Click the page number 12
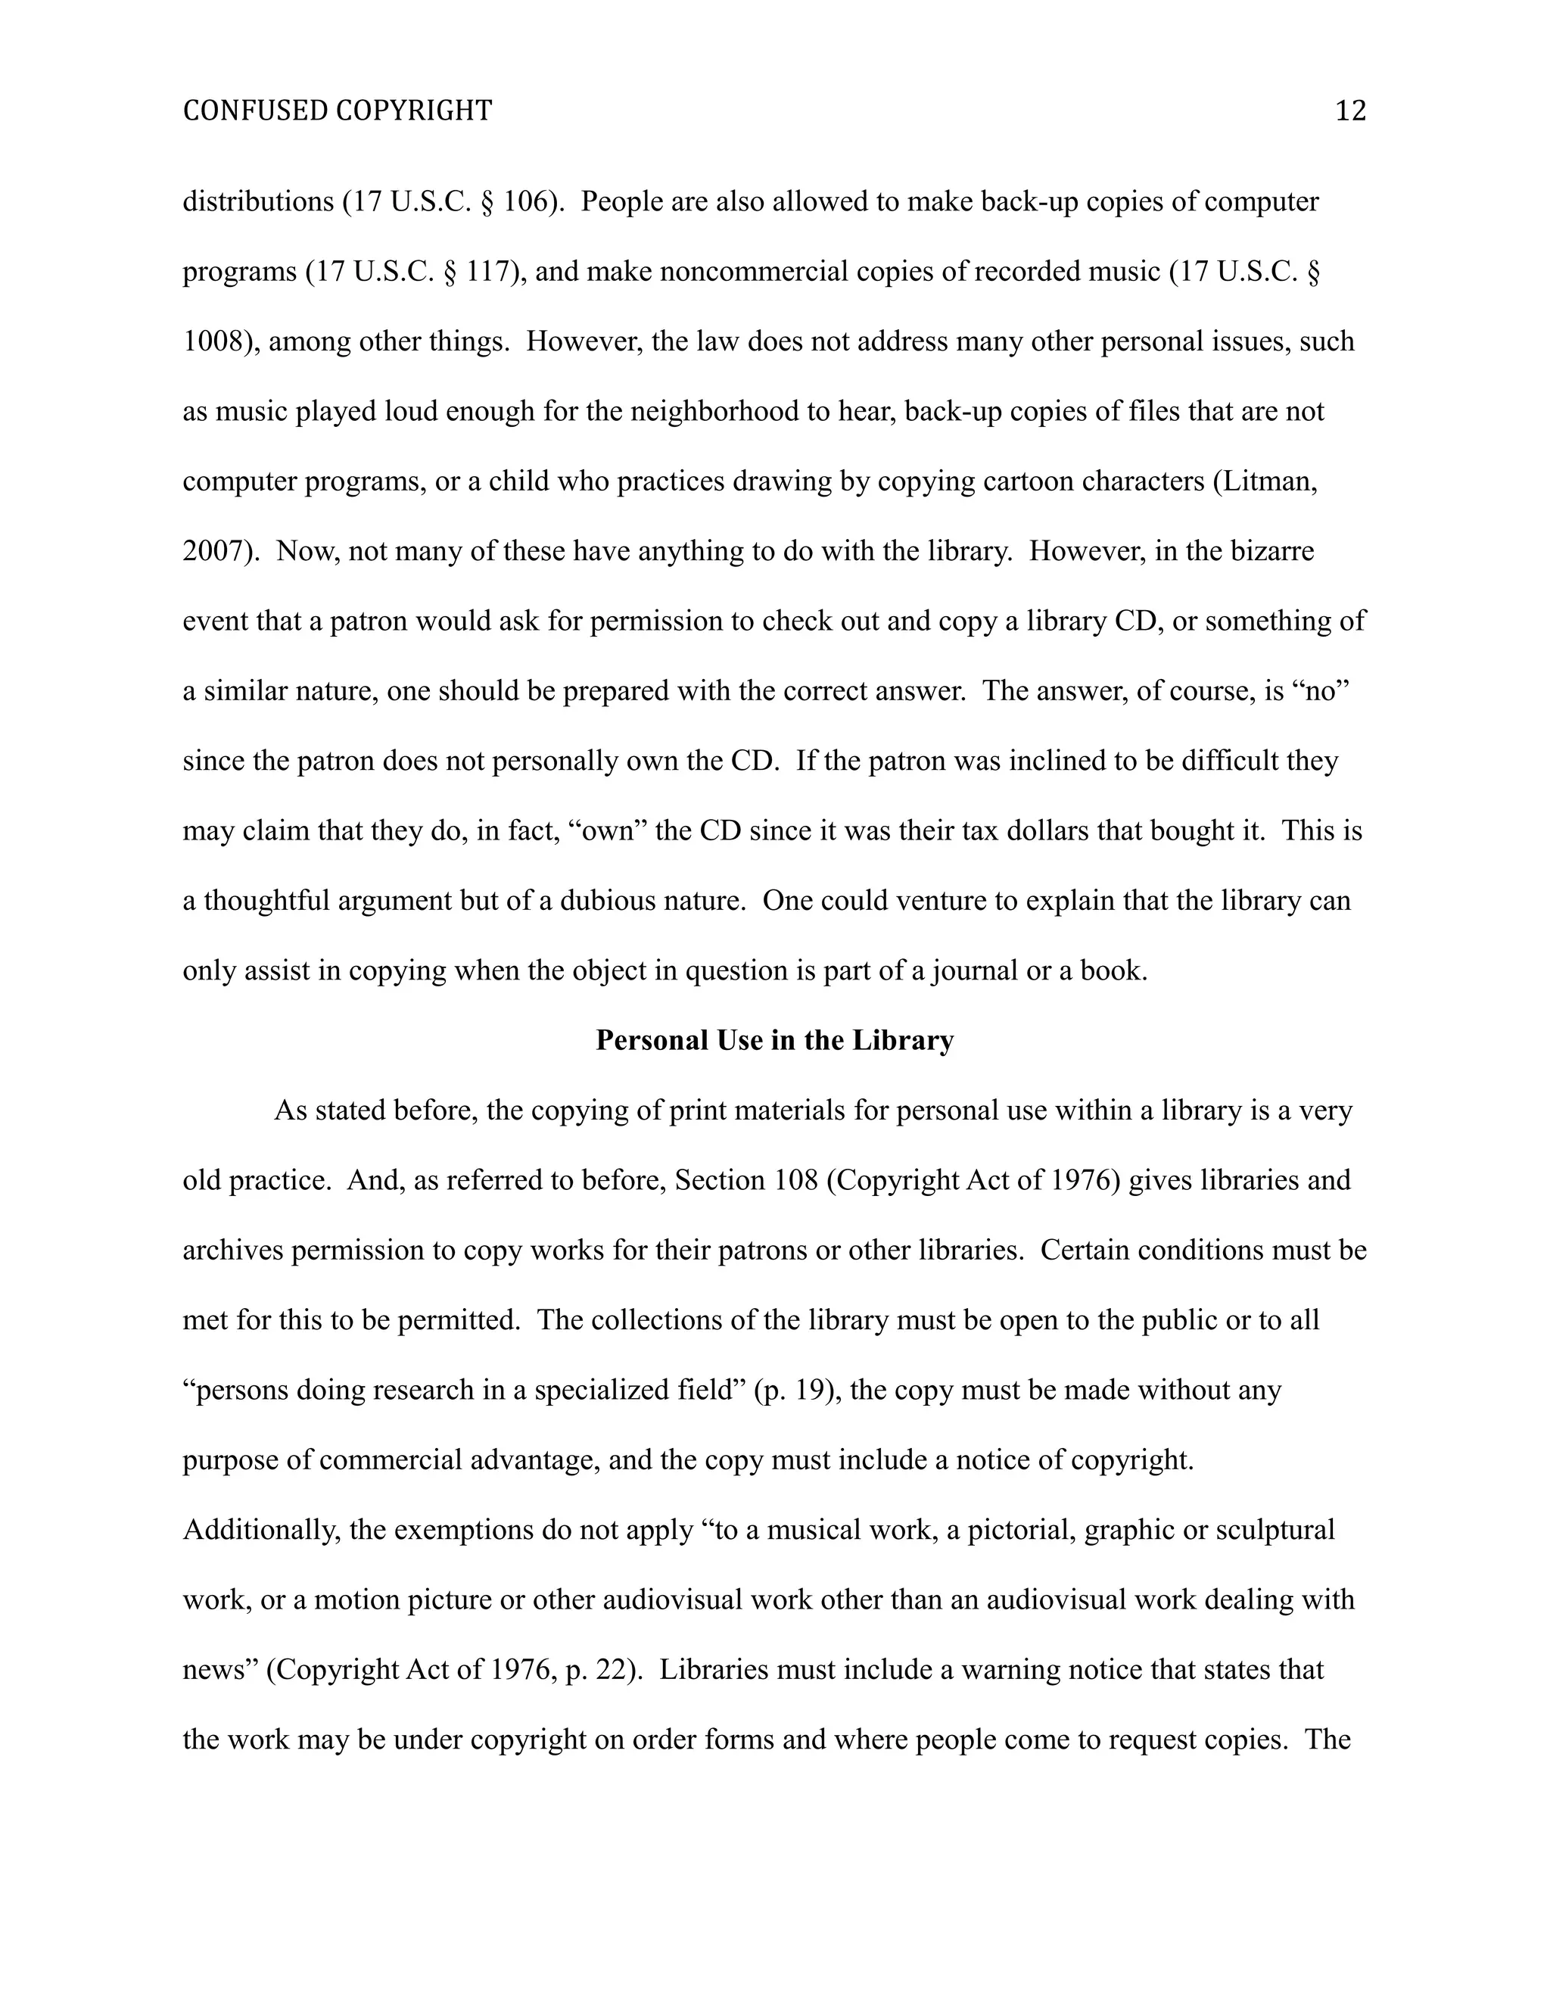(1350, 111)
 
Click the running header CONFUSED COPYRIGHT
(337, 111)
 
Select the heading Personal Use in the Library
(774, 1040)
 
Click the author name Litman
(1268, 481)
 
